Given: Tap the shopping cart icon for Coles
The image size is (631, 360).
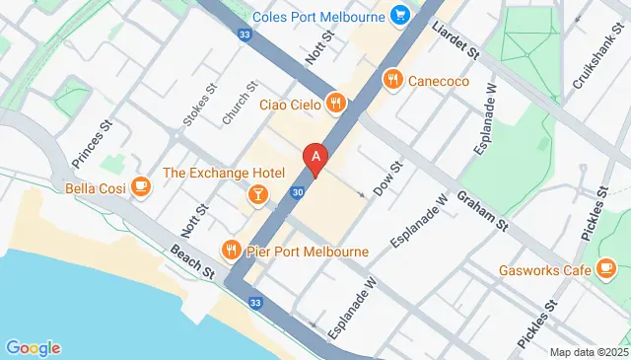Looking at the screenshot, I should point(399,15).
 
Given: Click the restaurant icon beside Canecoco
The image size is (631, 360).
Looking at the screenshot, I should point(392,80).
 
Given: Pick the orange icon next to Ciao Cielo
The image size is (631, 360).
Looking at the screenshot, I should point(336,103).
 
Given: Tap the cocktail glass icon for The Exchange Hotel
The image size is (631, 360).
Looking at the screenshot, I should point(257,193).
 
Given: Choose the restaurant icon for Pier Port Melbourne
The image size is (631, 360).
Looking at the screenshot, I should point(232,251).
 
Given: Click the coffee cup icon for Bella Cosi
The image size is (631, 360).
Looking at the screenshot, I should point(140,186).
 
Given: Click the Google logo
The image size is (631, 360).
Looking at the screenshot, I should point(33,347).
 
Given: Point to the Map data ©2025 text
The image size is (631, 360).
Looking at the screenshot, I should point(587,352).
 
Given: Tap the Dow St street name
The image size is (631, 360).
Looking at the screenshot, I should point(386,178).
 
